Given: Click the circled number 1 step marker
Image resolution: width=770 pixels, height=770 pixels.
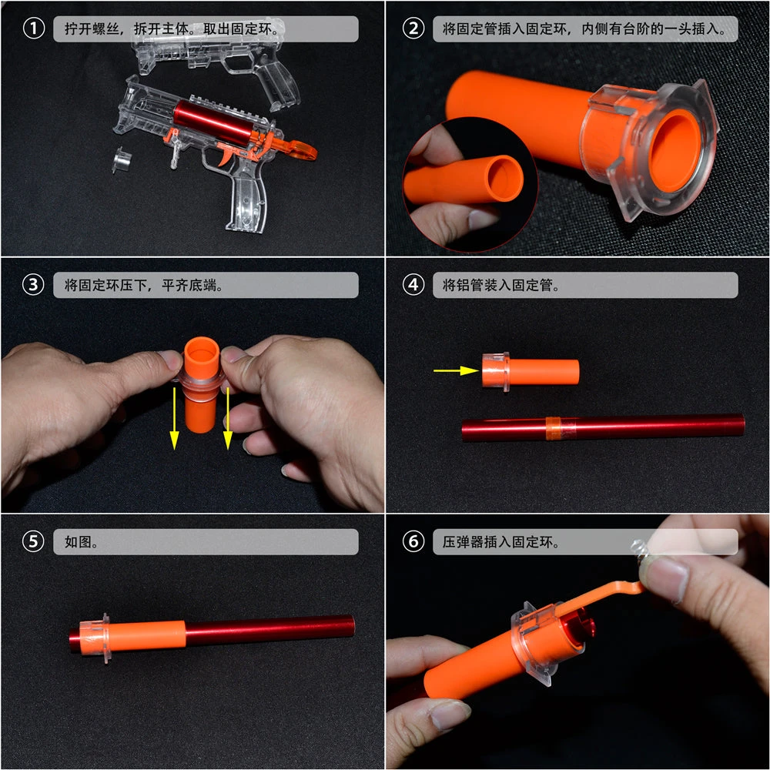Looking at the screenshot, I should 33,29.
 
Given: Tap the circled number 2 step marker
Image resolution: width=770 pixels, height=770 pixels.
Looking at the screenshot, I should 413,29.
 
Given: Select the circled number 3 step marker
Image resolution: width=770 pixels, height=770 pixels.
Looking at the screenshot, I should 33,285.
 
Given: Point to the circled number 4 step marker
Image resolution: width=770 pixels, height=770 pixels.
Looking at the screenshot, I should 413,285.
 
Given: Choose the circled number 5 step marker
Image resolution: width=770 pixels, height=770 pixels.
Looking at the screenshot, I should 33,541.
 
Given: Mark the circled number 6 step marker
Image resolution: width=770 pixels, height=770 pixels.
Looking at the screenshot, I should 413,541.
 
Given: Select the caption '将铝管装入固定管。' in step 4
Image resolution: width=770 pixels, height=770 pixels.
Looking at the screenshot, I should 500,285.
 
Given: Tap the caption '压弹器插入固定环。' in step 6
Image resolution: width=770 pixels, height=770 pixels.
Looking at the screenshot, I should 500,541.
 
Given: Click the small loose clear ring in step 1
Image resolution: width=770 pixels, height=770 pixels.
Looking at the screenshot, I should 122,161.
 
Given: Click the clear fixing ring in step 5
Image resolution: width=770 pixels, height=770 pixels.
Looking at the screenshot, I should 97,638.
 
